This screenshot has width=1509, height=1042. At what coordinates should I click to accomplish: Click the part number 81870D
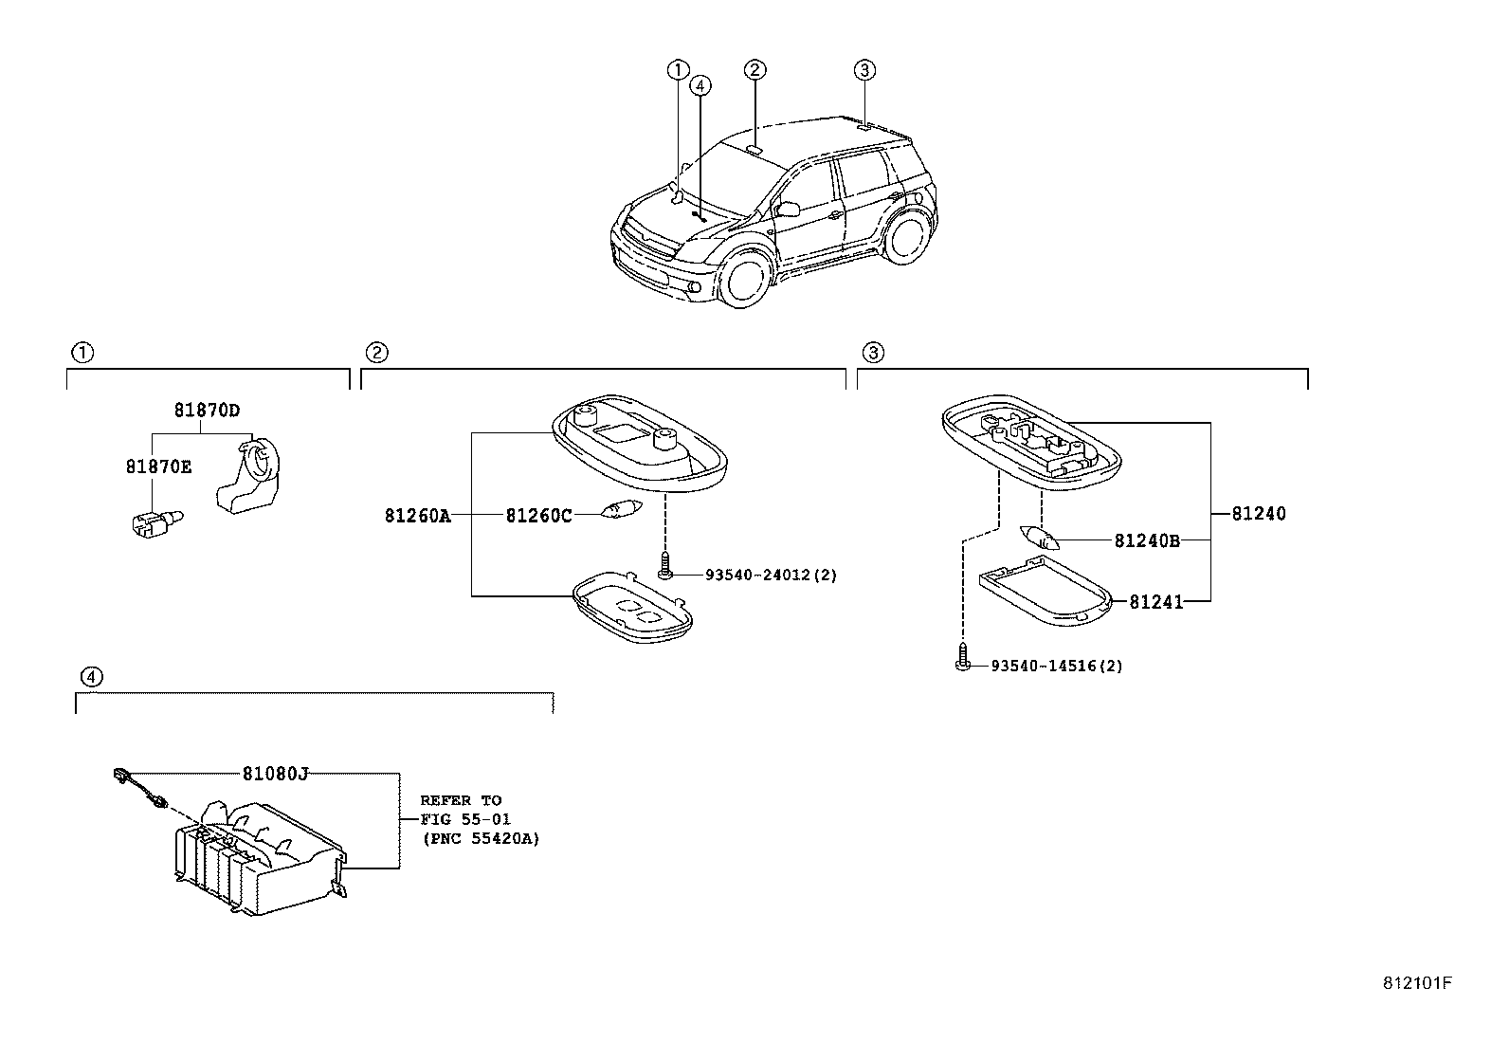(207, 410)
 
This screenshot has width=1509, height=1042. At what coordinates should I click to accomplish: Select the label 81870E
(159, 466)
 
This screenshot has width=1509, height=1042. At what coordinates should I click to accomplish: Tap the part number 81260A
(418, 516)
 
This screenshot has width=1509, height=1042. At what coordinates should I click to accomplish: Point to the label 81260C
(539, 516)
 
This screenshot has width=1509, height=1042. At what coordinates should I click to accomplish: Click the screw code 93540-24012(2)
(771, 575)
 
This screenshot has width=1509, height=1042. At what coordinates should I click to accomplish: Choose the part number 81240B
(1147, 540)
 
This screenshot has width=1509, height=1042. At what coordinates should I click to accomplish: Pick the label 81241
(1156, 602)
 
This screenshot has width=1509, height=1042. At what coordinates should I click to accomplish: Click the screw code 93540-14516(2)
(1057, 666)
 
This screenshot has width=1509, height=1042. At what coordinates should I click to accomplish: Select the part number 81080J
(276, 774)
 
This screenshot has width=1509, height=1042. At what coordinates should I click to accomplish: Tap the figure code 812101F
(1417, 983)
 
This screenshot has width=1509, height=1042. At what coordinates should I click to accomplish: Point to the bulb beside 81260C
(621, 509)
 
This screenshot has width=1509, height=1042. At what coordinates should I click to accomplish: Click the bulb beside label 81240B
(1040, 538)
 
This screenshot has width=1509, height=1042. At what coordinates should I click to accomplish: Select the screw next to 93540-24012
(664, 565)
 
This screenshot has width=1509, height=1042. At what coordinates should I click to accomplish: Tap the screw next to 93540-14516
(963, 656)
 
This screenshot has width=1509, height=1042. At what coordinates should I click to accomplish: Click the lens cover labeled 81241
(1045, 591)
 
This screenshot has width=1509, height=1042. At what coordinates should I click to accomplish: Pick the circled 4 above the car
(700, 85)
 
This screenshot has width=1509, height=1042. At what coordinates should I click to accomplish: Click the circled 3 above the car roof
(865, 70)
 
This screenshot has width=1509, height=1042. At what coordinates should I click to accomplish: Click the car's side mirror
(787, 209)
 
